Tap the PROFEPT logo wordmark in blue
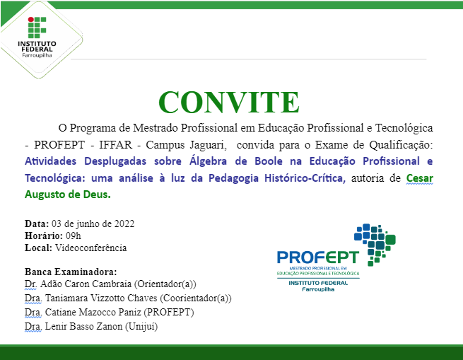pyautogui.click(x=317, y=257)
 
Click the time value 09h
pyautogui.click(x=74, y=236)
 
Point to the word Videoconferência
pyautogui.click(x=90, y=248)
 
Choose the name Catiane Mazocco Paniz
pyautogui.click(x=94, y=312)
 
